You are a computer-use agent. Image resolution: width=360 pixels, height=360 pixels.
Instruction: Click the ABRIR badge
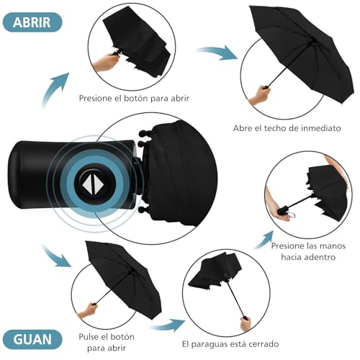click(x=32, y=22)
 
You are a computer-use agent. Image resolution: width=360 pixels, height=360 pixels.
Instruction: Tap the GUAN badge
click(x=32, y=339)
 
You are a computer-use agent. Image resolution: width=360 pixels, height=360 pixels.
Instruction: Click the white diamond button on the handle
click(x=93, y=184)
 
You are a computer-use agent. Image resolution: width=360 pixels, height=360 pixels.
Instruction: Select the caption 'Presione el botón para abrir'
click(x=134, y=98)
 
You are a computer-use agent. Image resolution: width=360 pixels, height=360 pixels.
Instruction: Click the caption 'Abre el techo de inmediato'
click(x=287, y=128)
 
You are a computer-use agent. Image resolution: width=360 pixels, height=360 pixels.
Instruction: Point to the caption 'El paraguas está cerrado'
click(x=230, y=344)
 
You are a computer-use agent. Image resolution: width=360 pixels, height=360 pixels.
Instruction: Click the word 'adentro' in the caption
click(x=322, y=257)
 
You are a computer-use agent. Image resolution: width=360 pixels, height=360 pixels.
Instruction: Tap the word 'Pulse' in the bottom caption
click(x=89, y=336)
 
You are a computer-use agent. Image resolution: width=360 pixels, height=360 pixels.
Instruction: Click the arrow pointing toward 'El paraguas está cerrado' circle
click(x=168, y=325)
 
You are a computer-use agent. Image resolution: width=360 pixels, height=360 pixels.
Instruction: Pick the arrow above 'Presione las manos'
click(x=264, y=240)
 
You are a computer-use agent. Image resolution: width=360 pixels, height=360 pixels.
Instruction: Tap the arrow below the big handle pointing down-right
click(x=56, y=256)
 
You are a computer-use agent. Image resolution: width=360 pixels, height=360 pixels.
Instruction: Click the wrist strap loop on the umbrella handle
click(x=292, y=215)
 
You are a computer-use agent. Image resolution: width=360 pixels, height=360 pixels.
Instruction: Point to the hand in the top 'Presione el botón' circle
click(x=106, y=63)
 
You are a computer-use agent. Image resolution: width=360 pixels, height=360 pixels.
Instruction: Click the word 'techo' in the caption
click(x=276, y=128)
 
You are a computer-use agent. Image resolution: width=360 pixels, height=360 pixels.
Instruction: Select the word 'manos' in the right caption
click(x=333, y=246)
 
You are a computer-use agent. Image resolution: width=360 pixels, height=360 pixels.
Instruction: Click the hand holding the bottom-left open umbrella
click(x=87, y=310)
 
